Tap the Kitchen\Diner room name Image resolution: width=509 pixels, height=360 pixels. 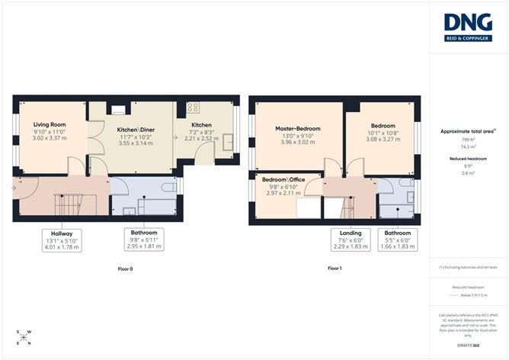coord(136,130)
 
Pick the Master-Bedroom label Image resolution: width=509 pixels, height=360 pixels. coord(297,129)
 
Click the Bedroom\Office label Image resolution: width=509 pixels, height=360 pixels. coord(285,179)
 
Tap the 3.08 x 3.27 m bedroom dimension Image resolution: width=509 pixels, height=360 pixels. coord(383,140)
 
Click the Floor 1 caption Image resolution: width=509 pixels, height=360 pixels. coord(336,268)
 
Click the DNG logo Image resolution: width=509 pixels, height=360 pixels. coord(469,25)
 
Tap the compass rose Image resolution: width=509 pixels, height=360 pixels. coord(24,338)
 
